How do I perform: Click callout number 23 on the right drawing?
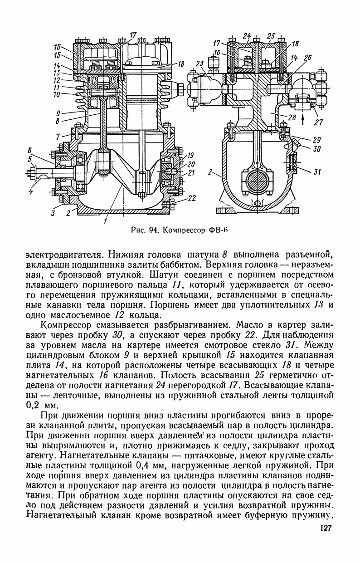point(200,64)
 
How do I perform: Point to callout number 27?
point(319,121)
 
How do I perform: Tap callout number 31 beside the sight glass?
point(317,171)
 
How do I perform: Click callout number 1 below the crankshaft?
point(106,221)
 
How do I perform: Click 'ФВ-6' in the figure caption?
point(217,229)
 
